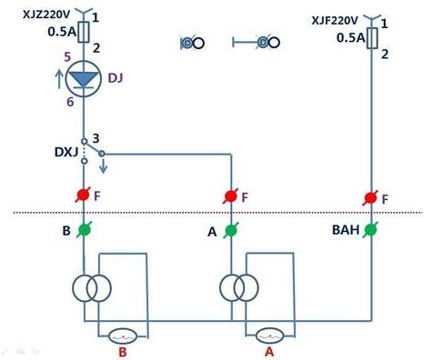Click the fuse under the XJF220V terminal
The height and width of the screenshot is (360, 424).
pyautogui.click(x=371, y=37)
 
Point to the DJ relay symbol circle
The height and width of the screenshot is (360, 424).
pyautogui.click(x=84, y=79)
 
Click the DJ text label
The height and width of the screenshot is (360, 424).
pyautogui.click(x=115, y=79)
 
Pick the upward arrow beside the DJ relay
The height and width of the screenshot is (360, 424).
pyautogui.click(x=62, y=79)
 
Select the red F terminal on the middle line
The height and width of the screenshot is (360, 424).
pyautogui.click(x=231, y=195)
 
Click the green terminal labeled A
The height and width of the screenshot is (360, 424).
pyautogui.click(x=231, y=231)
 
